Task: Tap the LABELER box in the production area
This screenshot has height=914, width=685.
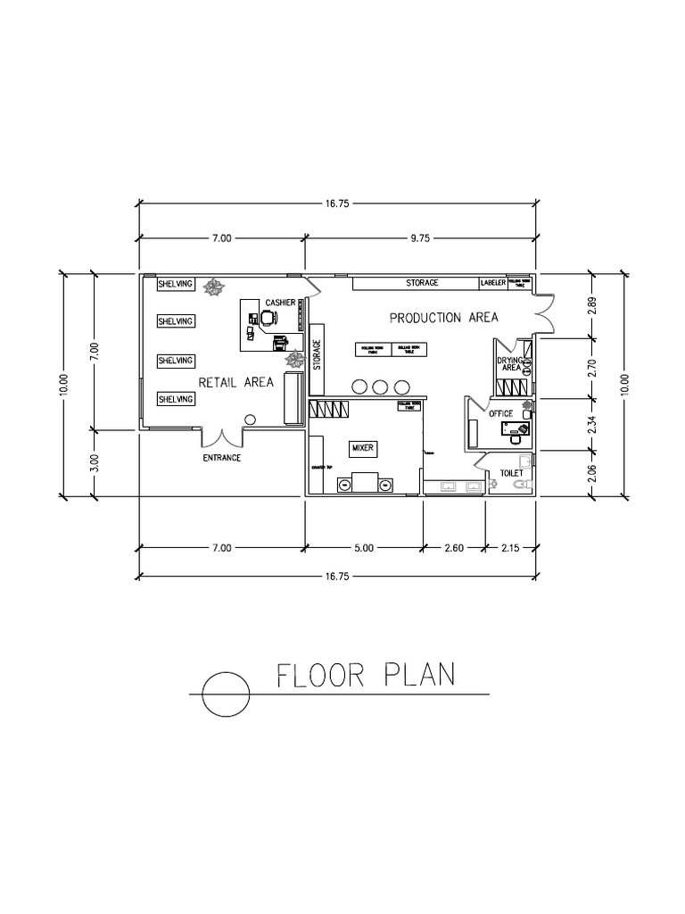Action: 493,283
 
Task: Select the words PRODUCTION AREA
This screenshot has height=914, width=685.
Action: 442,318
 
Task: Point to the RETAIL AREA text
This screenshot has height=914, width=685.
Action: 235,382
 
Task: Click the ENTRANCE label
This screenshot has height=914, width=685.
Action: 221,458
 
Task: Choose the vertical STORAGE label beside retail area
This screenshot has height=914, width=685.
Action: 316,354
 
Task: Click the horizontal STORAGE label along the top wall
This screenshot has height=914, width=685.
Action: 422,283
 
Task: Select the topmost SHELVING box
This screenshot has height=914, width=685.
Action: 175,285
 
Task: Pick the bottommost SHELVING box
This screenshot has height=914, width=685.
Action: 175,399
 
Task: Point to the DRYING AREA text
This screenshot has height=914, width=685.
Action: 510,363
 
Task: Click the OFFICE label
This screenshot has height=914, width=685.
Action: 500,413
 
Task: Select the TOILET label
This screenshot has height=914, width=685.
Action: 511,474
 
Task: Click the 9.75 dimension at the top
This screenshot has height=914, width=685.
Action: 420,238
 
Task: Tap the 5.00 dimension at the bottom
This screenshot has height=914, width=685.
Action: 364,547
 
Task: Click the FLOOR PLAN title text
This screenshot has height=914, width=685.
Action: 366,675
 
